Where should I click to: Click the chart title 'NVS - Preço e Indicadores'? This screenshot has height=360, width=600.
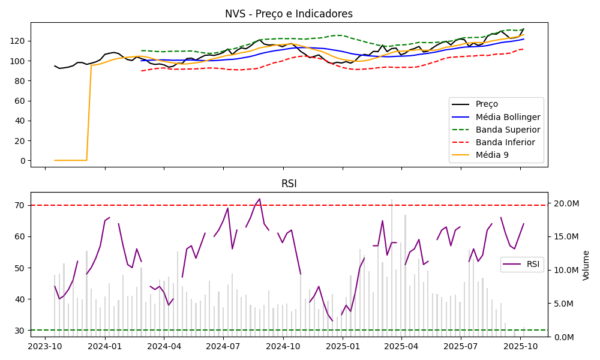click(289, 14)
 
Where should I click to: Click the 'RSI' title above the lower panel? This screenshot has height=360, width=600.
click(289, 184)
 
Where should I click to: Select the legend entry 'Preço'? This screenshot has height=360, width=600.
click(487, 104)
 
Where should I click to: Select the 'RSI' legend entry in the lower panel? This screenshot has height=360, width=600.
click(533, 264)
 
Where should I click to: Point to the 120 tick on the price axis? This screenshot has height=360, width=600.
click(18, 41)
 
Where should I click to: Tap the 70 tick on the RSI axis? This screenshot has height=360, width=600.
click(20, 205)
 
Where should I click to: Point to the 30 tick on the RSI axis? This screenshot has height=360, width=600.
click(20, 331)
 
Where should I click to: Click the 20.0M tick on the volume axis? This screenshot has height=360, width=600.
click(566, 204)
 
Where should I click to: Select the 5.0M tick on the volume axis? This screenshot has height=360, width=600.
click(564, 304)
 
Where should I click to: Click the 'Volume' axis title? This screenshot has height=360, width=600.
click(586, 265)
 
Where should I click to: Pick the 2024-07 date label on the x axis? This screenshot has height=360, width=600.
click(223, 347)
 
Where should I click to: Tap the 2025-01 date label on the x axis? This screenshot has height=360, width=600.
click(342, 347)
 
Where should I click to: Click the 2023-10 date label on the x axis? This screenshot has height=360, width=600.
click(45, 347)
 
